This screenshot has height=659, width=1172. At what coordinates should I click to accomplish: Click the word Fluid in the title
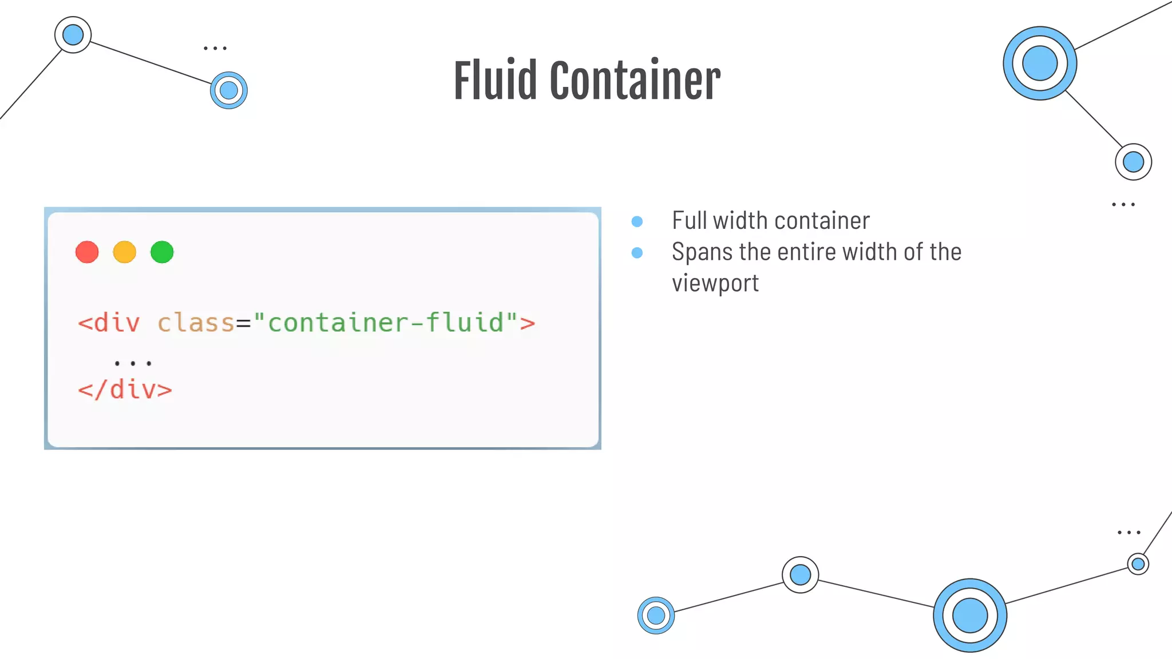point(496,81)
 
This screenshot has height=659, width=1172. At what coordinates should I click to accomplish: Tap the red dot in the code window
point(87,252)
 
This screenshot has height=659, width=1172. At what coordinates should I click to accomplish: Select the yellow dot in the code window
point(125,252)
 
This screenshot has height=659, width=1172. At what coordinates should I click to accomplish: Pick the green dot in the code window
point(162,252)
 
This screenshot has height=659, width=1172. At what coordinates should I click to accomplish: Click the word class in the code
point(196,323)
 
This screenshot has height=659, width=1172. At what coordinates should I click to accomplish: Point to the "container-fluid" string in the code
point(385,323)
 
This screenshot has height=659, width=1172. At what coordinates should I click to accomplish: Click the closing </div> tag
point(125,390)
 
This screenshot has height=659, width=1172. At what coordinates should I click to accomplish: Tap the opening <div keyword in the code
point(109,323)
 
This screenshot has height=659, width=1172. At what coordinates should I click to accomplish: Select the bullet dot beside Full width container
point(637,221)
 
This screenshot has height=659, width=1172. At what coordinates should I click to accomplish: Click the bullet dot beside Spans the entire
point(637,253)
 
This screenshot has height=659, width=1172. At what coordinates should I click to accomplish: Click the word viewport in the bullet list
point(715,283)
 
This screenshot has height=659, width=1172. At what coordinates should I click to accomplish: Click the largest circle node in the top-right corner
point(1040,63)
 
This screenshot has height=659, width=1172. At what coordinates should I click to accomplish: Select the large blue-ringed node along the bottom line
point(970,616)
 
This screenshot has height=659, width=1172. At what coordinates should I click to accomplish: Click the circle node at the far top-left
point(73,35)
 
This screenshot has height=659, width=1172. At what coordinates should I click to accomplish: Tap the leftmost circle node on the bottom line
point(656,616)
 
